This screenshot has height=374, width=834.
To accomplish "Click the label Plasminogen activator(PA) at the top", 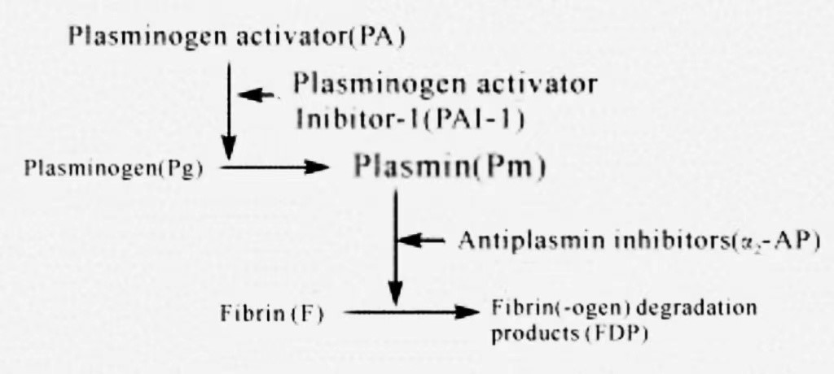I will click(237, 37).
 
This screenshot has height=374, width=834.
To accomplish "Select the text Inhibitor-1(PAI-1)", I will click(410, 119).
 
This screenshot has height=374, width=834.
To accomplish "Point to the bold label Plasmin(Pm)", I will click(449, 167).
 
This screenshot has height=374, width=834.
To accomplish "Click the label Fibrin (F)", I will click(272, 314).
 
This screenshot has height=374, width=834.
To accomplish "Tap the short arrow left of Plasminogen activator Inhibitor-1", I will click(256, 95).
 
